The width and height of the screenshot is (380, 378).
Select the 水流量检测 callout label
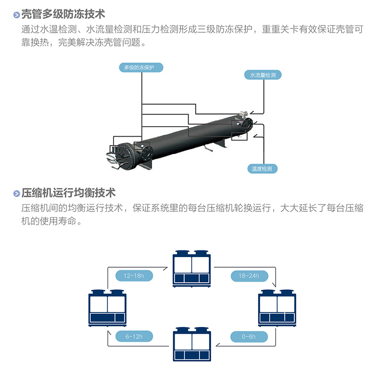point(263,75)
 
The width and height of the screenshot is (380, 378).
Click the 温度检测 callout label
point(262,169)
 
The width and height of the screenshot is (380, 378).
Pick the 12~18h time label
point(134,276)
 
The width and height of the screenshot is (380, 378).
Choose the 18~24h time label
point(249,276)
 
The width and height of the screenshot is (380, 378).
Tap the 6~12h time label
point(134,336)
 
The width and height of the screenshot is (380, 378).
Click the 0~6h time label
point(249,336)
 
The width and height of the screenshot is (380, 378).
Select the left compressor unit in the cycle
point(107,308)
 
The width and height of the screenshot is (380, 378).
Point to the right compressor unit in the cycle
point(277,308)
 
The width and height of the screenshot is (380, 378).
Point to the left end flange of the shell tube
point(123,155)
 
